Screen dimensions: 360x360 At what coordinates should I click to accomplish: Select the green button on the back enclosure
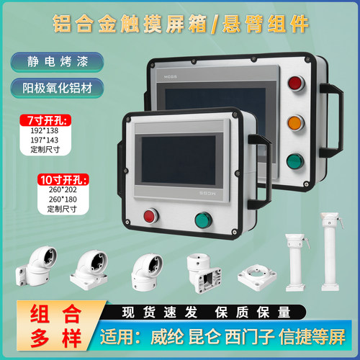(294, 161)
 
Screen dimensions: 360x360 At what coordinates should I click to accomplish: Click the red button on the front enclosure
(151, 215)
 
